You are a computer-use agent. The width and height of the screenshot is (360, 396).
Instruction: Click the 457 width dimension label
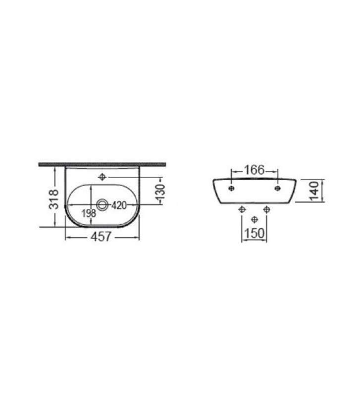pyautogui.click(x=101, y=237)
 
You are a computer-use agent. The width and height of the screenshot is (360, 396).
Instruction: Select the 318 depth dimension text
pyautogui.click(x=54, y=199)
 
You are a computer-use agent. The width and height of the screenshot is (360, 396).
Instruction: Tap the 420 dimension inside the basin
pyautogui.click(x=119, y=205)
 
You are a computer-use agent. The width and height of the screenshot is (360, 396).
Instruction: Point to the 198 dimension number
pyautogui.click(x=89, y=213)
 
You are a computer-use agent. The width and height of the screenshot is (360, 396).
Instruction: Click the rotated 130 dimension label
pyautogui.click(x=160, y=192)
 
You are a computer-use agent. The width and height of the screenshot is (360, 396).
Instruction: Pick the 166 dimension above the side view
pyautogui.click(x=255, y=170)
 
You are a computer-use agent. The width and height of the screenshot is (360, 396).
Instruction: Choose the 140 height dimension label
pyautogui.click(x=314, y=191)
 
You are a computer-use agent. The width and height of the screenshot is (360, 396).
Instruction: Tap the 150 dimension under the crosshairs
pyautogui.click(x=254, y=233)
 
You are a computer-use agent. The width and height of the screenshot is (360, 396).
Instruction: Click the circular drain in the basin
pyautogui.click(x=103, y=204)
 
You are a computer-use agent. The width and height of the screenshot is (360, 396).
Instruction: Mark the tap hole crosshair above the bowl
pyautogui.click(x=102, y=177)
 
